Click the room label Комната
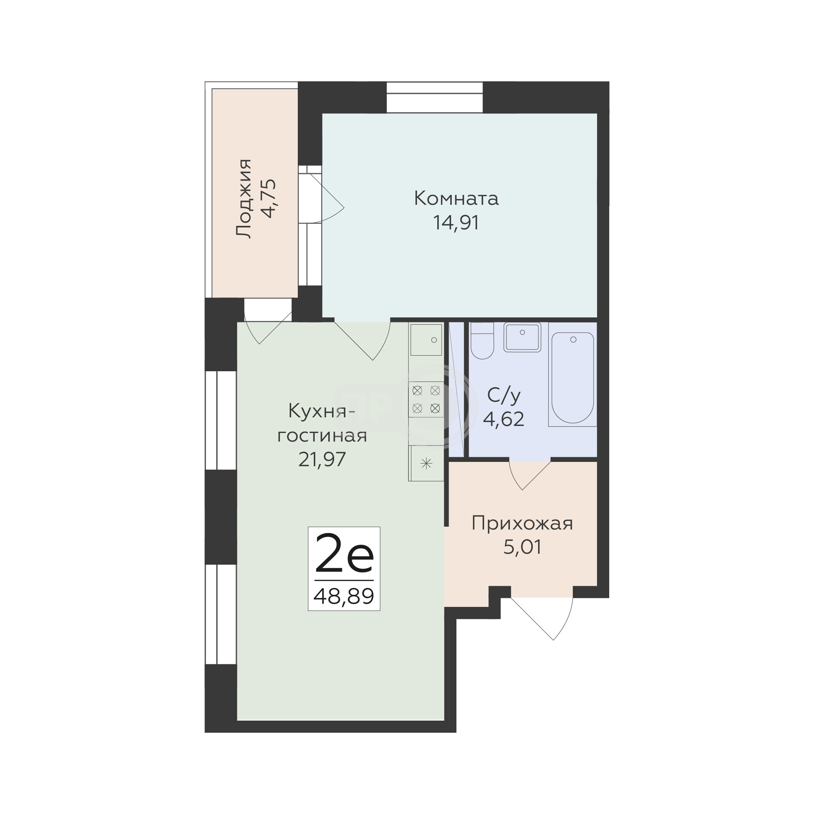(456, 198)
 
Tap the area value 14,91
(456, 223)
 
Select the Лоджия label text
(243, 199)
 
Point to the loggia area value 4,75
(269, 199)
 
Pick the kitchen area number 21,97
(322, 459)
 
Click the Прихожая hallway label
(522, 524)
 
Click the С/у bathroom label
(504, 395)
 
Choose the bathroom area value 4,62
(503, 419)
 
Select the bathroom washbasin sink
(522, 337)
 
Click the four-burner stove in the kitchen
(426, 399)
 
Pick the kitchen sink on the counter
(426, 340)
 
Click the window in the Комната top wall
(435, 97)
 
